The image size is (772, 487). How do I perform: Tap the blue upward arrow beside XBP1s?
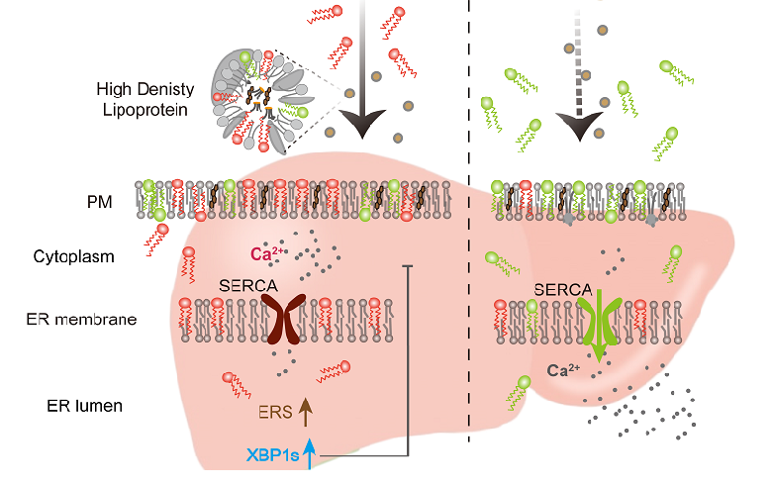point(311,453)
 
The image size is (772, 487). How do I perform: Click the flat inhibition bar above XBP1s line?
point(409,265)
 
